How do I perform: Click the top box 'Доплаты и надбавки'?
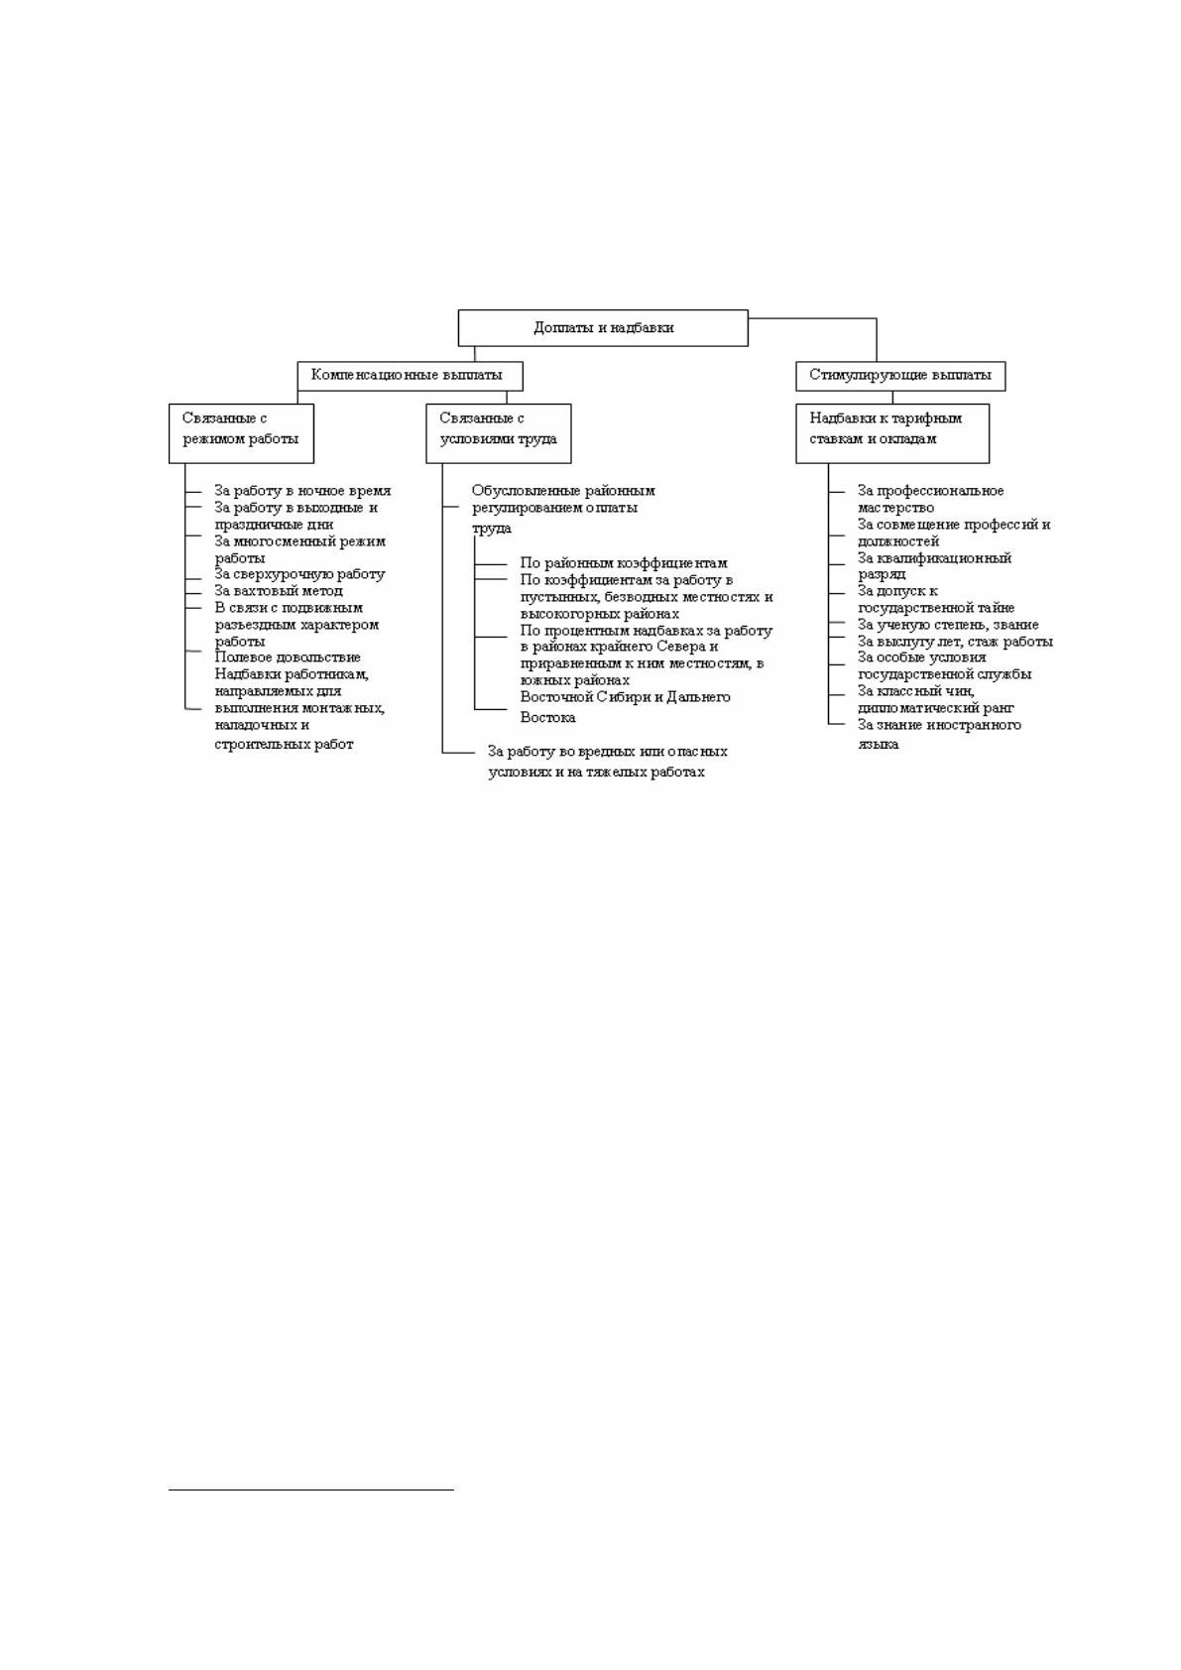click(603, 328)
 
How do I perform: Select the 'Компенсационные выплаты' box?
click(410, 376)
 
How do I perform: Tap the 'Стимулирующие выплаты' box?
click(900, 376)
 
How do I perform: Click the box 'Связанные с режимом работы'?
click(241, 433)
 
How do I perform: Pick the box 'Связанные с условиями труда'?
click(498, 433)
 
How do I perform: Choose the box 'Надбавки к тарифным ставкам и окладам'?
click(892, 433)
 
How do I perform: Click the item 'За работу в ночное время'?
click(302, 491)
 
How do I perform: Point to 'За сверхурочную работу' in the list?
click(299, 574)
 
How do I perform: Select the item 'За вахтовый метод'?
click(279, 590)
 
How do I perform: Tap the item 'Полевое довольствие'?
click(288, 656)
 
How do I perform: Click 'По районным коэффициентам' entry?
click(624, 563)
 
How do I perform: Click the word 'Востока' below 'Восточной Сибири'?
click(548, 717)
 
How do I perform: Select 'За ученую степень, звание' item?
click(948, 625)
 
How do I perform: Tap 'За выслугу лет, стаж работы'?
click(955, 642)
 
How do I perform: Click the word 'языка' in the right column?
click(878, 744)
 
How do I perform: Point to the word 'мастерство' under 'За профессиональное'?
click(895, 508)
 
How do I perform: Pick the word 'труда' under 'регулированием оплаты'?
click(491, 529)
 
